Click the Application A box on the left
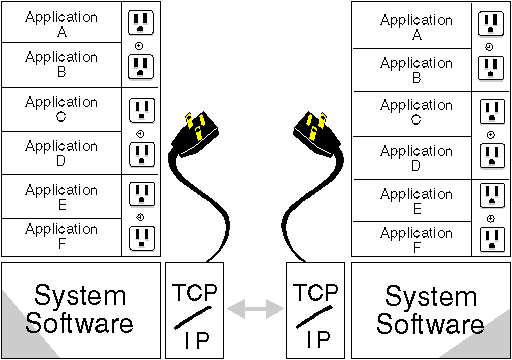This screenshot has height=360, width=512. pyautogui.click(x=61, y=22)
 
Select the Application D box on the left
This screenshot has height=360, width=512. pyautogui.click(x=61, y=153)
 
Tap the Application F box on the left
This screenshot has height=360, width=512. pyautogui.click(x=61, y=236)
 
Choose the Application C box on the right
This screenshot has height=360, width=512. pyautogui.click(x=415, y=112)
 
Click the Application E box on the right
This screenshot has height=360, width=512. pyautogui.click(x=415, y=201)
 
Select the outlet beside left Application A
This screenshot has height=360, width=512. pyautogui.click(x=140, y=22)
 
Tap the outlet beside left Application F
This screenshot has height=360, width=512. pyautogui.click(x=140, y=236)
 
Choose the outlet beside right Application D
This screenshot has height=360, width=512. pyautogui.click(x=489, y=155)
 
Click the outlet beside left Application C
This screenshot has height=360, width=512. pyautogui.click(x=140, y=109)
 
